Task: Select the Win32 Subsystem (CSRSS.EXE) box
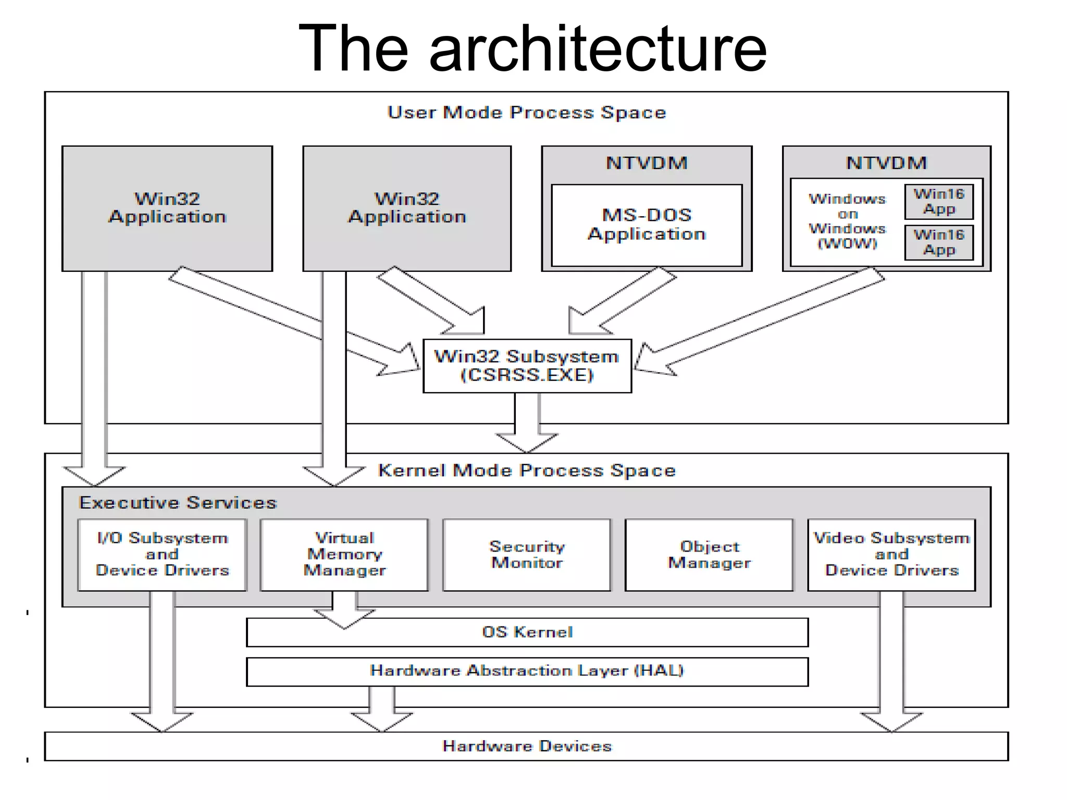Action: (527, 366)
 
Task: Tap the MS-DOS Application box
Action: (647, 225)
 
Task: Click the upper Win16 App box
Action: (939, 202)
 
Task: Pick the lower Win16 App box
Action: (939, 242)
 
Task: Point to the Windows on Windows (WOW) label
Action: (847, 221)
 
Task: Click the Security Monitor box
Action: (527, 554)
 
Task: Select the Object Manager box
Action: (709, 554)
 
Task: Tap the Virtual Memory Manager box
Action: (344, 554)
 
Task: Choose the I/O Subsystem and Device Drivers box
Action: (162, 554)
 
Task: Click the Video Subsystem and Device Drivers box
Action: (891, 554)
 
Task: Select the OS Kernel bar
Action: (527, 632)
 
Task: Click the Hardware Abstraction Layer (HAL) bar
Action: (527, 671)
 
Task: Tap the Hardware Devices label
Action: (527, 746)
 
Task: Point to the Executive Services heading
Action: (178, 503)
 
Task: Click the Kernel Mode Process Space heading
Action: (527, 470)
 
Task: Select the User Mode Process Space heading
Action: (527, 113)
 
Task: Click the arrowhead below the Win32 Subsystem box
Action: (527, 443)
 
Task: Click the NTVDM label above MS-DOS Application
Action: (647, 163)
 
